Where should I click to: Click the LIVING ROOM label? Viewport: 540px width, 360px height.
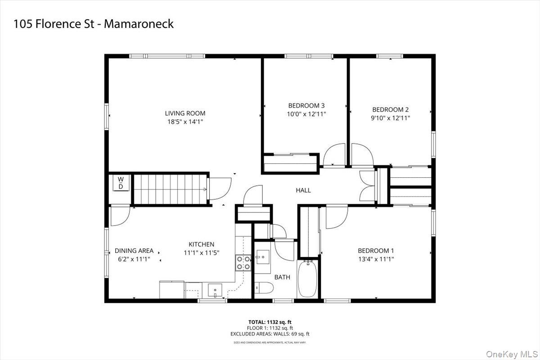click(185, 113)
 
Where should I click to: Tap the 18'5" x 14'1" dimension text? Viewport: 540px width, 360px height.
click(185, 121)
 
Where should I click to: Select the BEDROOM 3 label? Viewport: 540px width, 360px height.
click(306, 106)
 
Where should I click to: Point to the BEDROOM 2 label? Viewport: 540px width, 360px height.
click(390, 109)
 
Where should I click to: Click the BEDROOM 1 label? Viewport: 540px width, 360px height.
click(376, 251)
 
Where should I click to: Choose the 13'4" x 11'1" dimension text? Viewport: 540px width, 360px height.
click(376, 259)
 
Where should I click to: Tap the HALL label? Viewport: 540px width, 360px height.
click(303, 190)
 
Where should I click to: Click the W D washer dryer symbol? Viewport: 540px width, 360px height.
click(121, 183)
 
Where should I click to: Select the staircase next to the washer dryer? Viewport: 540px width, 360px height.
click(170, 189)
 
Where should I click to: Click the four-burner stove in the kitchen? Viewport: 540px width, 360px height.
click(243, 262)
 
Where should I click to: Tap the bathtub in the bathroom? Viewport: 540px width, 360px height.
click(308, 278)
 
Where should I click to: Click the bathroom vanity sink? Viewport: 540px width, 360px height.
click(262, 257)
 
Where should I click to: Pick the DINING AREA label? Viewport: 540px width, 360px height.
click(134, 251)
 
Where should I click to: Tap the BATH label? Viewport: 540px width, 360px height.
click(282, 277)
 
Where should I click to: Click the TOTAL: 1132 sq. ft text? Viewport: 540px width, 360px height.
click(270, 322)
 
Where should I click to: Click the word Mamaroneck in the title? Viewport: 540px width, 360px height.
click(139, 24)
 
